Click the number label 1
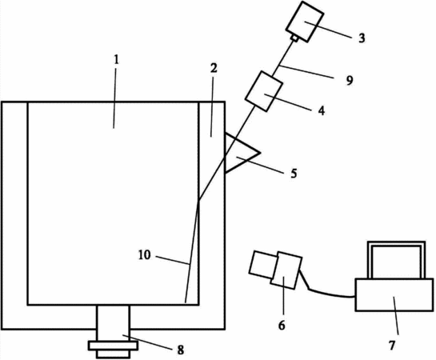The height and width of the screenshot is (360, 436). (x=116, y=59)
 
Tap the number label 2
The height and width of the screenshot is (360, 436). (x=214, y=68)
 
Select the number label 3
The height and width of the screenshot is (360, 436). (x=362, y=38)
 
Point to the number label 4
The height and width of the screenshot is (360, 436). (x=321, y=111)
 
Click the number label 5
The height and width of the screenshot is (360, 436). (x=294, y=173)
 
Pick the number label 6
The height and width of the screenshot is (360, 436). (x=282, y=325)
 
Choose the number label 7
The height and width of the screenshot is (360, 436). (x=392, y=346)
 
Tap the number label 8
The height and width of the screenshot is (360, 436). (x=181, y=350)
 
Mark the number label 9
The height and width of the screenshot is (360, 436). (x=350, y=80)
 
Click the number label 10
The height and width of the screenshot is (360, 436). (x=144, y=255)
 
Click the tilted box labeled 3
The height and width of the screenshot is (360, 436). (x=305, y=22)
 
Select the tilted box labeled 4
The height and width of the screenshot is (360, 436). (x=264, y=91)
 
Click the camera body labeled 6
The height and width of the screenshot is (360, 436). (x=286, y=270)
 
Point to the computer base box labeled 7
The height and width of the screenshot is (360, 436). (x=394, y=294)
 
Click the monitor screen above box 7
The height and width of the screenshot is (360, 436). (x=397, y=260)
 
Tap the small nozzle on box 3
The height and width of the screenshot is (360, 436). (x=294, y=38)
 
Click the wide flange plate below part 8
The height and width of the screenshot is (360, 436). (x=113, y=346)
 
